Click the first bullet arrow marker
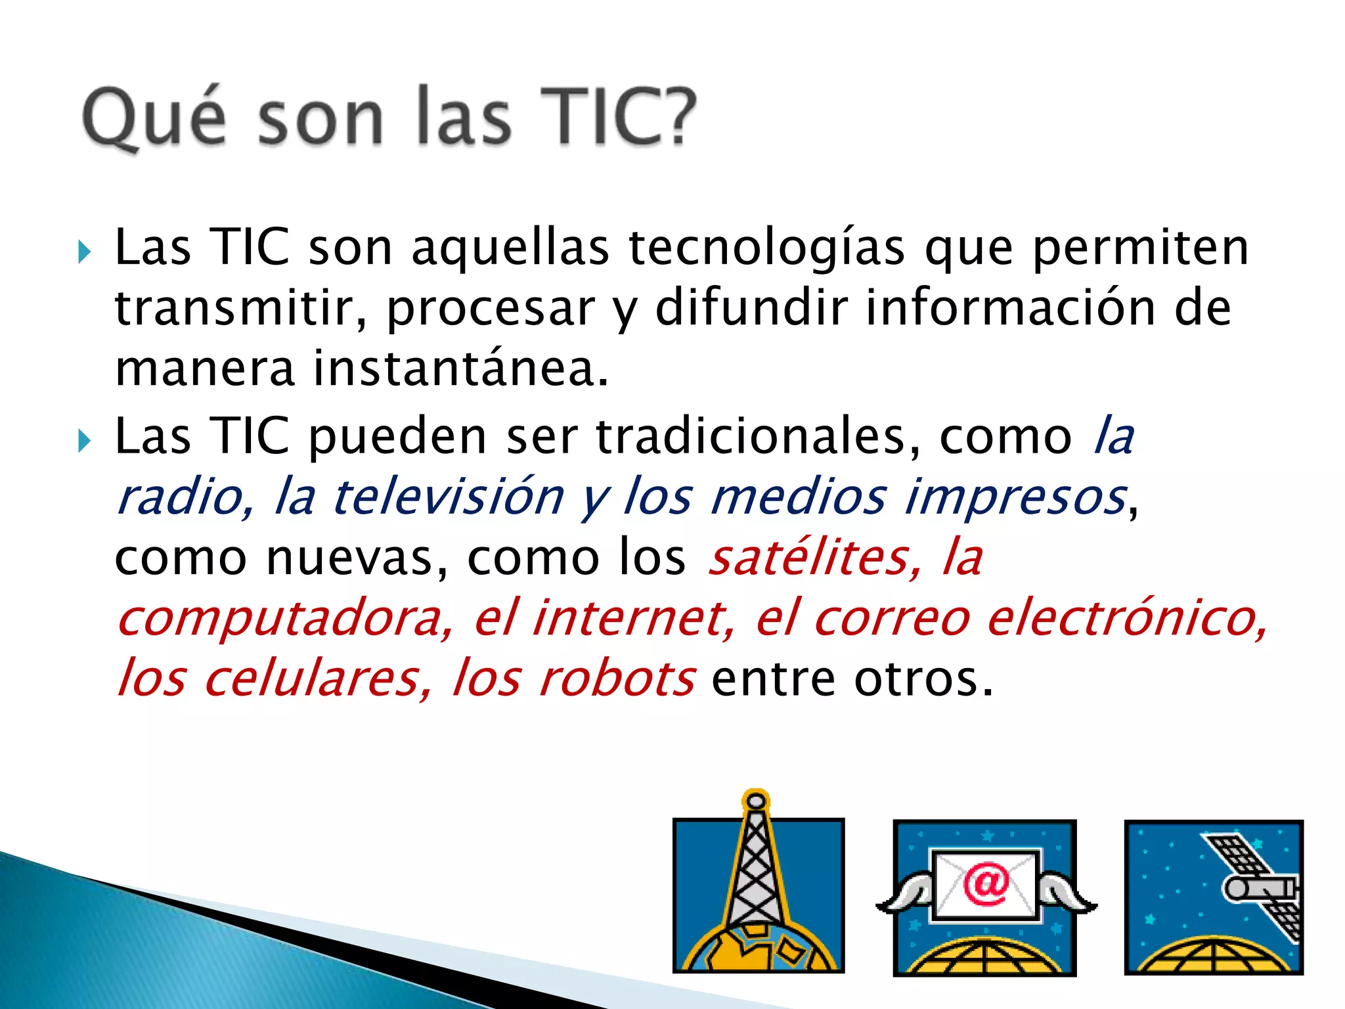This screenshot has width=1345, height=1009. (x=84, y=252)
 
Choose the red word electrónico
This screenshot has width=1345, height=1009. (x=1127, y=617)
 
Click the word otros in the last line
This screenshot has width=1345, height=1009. (x=923, y=678)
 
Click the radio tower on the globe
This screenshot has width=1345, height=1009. (x=757, y=867)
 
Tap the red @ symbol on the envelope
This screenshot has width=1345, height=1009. (x=985, y=884)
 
